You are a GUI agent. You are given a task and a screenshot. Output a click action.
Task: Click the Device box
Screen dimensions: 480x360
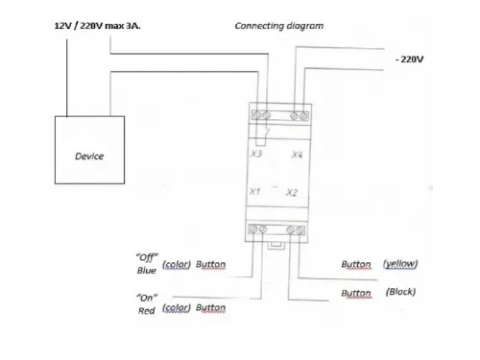point(89,150)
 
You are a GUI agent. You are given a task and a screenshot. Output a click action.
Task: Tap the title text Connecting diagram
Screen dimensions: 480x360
point(279,26)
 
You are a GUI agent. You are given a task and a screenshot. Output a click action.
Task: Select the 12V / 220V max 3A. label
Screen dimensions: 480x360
point(97,26)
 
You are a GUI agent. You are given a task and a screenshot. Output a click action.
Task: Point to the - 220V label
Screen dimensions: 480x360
point(409,60)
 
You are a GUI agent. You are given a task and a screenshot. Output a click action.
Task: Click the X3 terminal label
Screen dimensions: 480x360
point(256,154)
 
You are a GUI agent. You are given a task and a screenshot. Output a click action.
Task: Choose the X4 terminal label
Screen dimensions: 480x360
point(297,155)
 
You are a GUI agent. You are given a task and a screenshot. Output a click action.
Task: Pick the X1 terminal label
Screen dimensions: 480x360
point(254,191)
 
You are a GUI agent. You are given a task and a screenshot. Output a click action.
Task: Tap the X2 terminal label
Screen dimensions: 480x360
point(292,192)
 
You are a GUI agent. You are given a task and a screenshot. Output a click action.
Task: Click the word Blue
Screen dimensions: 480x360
point(147,271)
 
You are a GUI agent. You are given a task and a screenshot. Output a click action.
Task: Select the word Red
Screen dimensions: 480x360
point(147,311)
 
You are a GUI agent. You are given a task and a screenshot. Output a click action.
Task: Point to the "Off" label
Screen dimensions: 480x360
point(147,257)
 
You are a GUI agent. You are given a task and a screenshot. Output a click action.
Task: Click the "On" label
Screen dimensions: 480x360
point(147,298)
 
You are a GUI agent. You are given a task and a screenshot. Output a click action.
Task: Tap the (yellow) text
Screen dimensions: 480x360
point(400,264)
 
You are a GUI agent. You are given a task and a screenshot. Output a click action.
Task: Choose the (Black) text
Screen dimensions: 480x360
point(400,292)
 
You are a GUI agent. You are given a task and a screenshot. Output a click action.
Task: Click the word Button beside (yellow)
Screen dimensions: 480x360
point(356,264)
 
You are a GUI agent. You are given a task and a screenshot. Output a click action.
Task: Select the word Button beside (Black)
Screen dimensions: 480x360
point(356,293)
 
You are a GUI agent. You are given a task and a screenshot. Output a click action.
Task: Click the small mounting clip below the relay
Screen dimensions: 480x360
point(276,246)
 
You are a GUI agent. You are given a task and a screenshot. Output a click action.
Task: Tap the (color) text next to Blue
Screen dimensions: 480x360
point(177,265)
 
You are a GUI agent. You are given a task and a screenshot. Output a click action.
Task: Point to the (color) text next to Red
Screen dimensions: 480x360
point(177,308)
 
